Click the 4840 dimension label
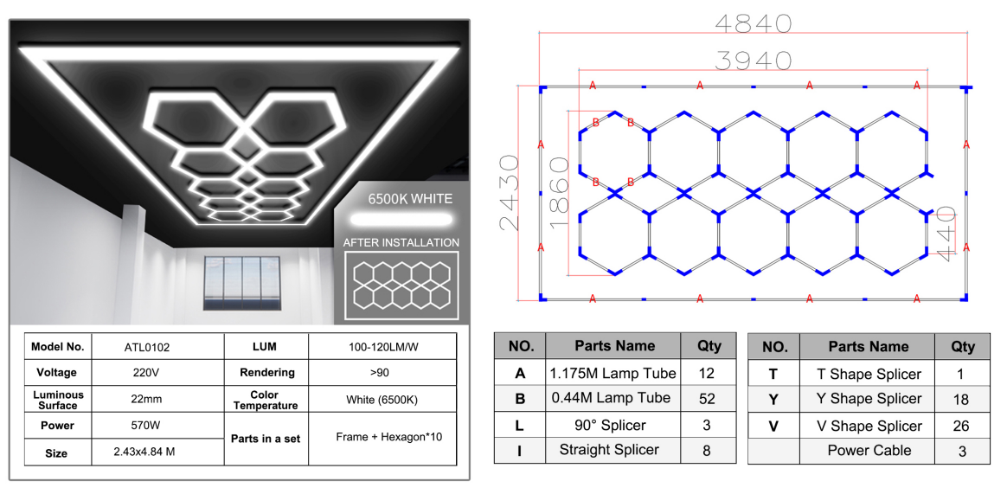[753, 23]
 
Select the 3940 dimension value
[753, 61]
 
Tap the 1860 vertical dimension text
[560, 192]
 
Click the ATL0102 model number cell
[147, 348]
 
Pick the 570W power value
[147, 426]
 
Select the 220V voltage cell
[147, 373]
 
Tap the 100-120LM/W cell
[382, 347]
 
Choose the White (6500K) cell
[382, 400]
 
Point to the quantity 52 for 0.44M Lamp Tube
[707, 399]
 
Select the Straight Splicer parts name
[609, 450]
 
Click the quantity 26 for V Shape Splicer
[962, 426]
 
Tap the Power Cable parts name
[869, 451]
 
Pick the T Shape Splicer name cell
[869, 374]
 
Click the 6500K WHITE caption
[410, 198]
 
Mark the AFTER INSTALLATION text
[401, 243]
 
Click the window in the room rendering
[243, 283]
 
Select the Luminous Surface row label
[58, 400]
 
